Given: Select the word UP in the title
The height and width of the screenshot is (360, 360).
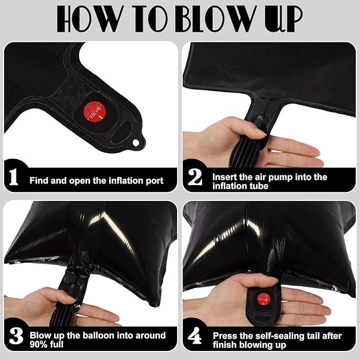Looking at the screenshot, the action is (x=284, y=19).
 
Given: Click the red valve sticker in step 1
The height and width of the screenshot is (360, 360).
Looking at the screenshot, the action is (x=94, y=111).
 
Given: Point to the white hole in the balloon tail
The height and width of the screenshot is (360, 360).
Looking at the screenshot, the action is (x=136, y=143).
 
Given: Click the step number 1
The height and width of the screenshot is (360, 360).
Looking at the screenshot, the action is (x=14, y=177).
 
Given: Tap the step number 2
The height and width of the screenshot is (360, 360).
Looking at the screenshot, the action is (x=195, y=177).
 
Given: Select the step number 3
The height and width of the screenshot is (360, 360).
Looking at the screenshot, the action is (x=16, y=336).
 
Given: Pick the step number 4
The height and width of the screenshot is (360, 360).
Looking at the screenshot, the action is (x=195, y=336).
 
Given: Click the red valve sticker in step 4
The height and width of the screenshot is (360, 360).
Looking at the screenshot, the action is (x=264, y=300).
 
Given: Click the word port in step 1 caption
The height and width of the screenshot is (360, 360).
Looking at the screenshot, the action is (x=154, y=181).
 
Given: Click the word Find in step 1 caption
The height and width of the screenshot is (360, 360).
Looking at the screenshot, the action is (x=39, y=180).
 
